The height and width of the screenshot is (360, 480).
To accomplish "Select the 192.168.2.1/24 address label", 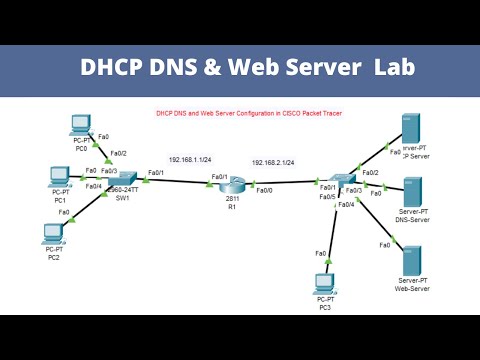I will pos(274,161).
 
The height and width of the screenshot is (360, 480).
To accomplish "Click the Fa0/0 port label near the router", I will pos(264,190).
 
